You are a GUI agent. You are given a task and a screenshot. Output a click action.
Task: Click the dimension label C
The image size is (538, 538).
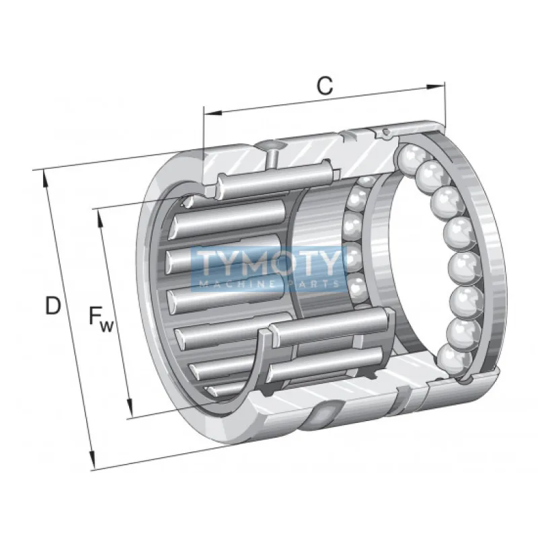325,85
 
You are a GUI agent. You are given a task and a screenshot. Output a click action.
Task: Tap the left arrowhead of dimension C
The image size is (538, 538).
208,112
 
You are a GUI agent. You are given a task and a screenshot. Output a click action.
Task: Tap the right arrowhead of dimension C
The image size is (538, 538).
440,85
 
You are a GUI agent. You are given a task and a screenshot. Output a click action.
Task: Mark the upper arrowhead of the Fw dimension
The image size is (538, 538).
99,213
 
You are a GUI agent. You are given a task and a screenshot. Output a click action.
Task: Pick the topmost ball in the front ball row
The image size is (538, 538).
410,159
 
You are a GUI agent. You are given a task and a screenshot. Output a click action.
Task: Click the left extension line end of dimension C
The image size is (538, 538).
203,108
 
